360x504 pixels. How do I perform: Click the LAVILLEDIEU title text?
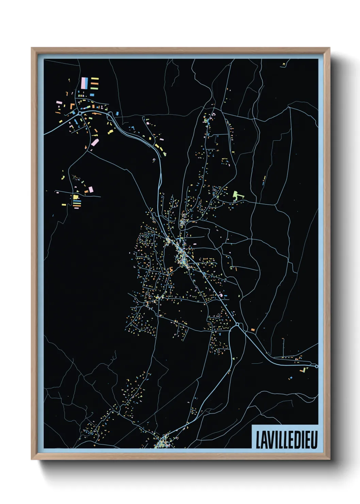coord(286,440)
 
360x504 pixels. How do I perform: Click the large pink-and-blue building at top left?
coord(85,82)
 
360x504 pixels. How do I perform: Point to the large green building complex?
coord(237,195)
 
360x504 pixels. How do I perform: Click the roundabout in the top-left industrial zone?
coord(80,113)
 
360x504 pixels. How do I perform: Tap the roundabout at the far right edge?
coord(316,366)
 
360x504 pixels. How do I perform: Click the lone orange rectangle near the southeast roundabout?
coord(253,330)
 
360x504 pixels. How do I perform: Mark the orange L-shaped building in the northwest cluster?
coord(72,107)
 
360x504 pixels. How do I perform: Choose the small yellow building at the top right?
coord(284,64)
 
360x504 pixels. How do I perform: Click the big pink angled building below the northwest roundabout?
coord(95,142)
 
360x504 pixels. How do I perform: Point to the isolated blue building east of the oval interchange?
coord(117,113)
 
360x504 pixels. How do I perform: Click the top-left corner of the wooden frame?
coord(32,48)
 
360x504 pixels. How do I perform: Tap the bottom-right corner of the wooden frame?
coord(329,459)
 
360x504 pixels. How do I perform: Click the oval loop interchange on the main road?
coord(110,115)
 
